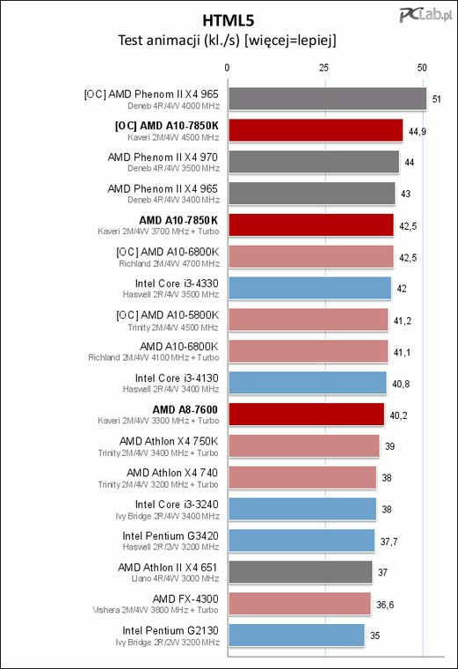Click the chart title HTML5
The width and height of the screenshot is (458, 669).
[x=229, y=20]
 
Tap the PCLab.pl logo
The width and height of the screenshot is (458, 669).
[x=425, y=15]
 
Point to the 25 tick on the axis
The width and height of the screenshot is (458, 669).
[x=324, y=68]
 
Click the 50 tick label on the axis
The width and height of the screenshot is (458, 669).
[x=422, y=68]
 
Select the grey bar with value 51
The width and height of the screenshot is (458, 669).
[x=327, y=99]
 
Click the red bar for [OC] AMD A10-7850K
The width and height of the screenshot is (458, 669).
[x=316, y=130]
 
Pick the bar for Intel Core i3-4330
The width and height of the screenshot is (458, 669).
[x=309, y=289]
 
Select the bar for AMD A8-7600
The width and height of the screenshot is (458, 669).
[x=306, y=415]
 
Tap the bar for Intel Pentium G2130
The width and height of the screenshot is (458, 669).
[x=296, y=636]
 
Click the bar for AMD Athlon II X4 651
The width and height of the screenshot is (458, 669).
[x=301, y=572]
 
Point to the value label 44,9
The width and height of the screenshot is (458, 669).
[x=417, y=131]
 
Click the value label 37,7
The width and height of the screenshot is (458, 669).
[x=389, y=542]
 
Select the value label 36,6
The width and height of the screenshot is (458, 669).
[x=385, y=605]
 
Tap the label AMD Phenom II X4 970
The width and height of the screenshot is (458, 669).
[x=163, y=158]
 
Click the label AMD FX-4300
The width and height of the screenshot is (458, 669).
[x=185, y=599]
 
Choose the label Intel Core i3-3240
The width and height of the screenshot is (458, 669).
[x=177, y=504]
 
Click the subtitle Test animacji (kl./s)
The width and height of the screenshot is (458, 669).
[x=179, y=40]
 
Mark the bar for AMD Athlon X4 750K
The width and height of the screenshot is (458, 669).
[x=304, y=446]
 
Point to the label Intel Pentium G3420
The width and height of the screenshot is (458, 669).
[x=171, y=536]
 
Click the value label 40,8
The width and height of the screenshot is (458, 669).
[x=401, y=384]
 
